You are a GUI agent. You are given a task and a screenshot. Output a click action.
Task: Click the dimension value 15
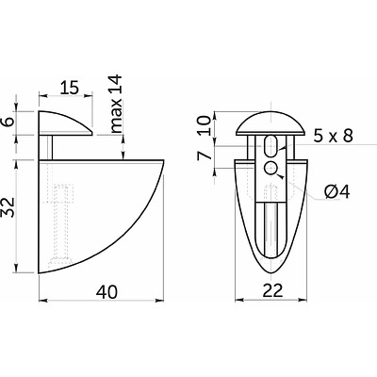point(69,88)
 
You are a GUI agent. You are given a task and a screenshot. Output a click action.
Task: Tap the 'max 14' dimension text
point(116,104)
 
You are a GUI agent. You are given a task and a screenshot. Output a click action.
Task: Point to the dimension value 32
point(9,207)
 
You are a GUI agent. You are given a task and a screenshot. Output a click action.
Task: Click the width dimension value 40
point(107,292)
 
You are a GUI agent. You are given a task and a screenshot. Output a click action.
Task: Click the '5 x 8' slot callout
point(333,136)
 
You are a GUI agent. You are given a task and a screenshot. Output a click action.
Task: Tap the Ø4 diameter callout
point(336,192)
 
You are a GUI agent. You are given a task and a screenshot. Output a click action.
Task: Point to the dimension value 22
point(272,291)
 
